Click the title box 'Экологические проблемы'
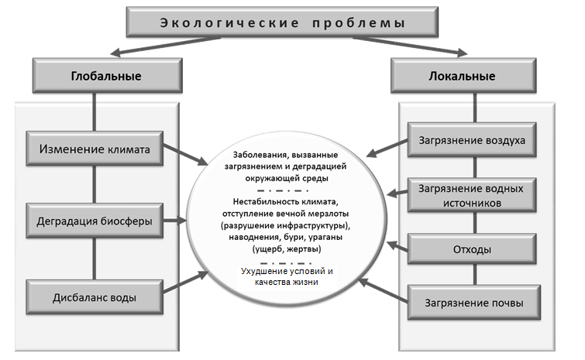282,22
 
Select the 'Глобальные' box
108,76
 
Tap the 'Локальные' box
463,76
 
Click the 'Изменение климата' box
95,149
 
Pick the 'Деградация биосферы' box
95,221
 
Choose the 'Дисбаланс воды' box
95,297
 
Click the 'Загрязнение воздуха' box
472,140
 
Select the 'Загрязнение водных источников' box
472,196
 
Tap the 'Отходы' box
472,249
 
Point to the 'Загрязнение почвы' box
474,303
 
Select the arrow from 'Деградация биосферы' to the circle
174,221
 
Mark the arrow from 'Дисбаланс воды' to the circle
185,282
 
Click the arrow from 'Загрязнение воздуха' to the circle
387,149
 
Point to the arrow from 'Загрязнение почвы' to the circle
384,290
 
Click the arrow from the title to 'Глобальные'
166,46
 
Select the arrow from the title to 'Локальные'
410,46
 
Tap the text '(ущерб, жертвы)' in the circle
287,249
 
